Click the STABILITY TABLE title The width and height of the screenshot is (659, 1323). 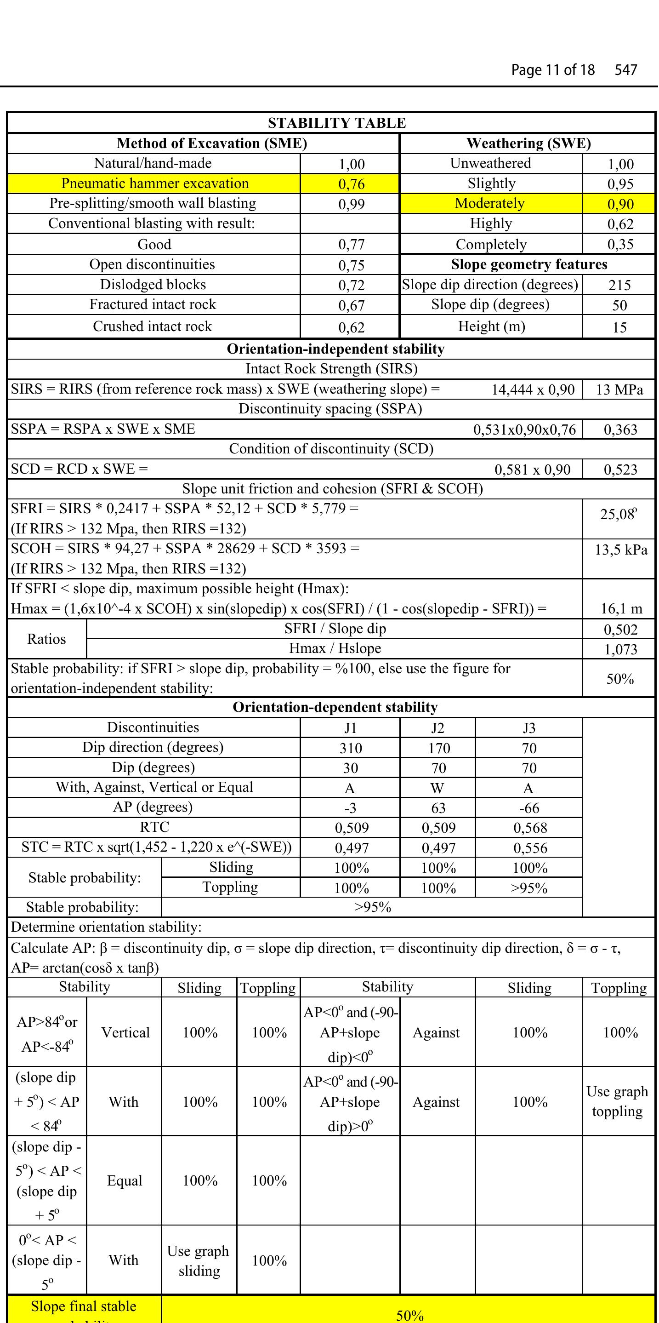click(x=336, y=123)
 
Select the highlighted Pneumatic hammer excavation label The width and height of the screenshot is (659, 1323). click(x=154, y=183)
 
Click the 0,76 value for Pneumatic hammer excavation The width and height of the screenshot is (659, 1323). click(x=351, y=184)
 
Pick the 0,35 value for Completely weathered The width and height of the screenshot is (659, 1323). click(x=620, y=245)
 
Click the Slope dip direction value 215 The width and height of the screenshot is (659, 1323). click(x=619, y=285)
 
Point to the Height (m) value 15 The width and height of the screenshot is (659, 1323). click(x=619, y=327)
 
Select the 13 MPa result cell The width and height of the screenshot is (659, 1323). click(x=619, y=389)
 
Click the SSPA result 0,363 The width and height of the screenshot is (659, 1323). click(x=620, y=430)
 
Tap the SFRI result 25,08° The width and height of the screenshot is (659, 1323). click(x=618, y=514)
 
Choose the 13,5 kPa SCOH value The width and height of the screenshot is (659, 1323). click(x=620, y=550)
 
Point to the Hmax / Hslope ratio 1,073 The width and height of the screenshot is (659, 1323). click(x=620, y=649)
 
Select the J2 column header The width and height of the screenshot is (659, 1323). click(x=437, y=728)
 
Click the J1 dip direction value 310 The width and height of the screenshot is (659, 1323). click(x=351, y=748)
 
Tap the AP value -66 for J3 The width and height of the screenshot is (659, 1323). click(x=528, y=808)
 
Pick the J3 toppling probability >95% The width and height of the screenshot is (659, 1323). click(x=528, y=888)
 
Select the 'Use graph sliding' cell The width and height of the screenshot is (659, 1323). click(x=199, y=1261)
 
